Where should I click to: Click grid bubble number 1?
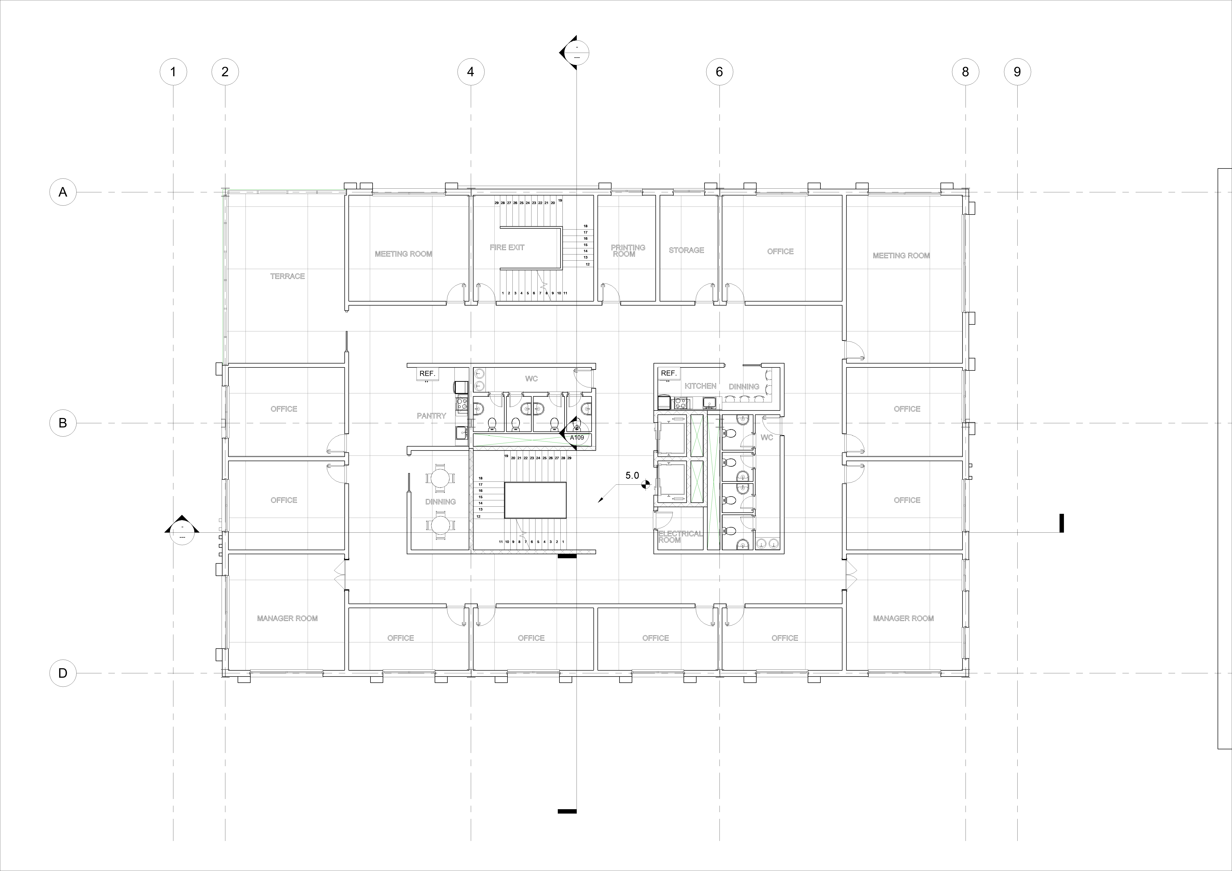(x=173, y=72)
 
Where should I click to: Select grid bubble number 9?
(x=1017, y=72)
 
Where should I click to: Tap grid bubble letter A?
(x=63, y=192)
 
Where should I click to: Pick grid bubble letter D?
(x=63, y=673)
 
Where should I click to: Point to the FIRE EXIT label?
(x=506, y=247)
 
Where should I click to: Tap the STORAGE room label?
(x=686, y=250)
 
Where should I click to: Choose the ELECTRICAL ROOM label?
(x=680, y=537)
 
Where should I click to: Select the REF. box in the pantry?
(x=427, y=374)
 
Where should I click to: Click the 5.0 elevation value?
(x=632, y=476)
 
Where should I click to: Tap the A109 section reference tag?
(x=577, y=437)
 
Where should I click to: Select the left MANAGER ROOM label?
(x=287, y=618)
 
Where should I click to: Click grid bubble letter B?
(x=63, y=423)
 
